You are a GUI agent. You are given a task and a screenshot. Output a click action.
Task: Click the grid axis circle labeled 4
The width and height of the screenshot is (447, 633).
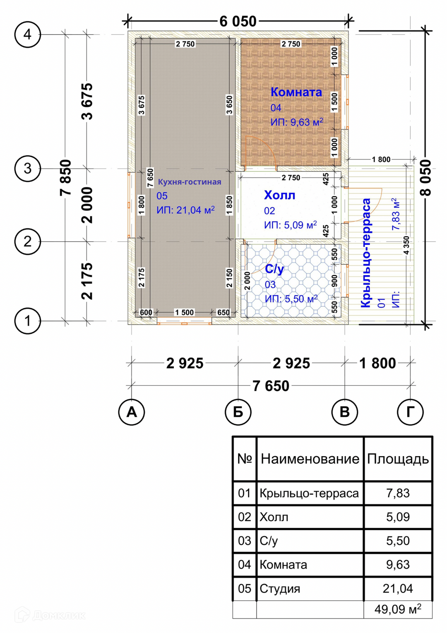(x=27, y=34)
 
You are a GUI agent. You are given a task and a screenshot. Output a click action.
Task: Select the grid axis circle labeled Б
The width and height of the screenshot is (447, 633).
(x=238, y=412)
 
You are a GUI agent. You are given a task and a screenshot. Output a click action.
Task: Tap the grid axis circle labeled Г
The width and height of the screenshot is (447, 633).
(x=410, y=412)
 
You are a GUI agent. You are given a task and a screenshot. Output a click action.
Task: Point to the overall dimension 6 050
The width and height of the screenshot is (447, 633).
(x=238, y=21)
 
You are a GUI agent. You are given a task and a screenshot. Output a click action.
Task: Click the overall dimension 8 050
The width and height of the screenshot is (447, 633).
(x=426, y=178)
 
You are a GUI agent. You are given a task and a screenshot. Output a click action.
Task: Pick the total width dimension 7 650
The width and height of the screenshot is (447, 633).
(x=271, y=386)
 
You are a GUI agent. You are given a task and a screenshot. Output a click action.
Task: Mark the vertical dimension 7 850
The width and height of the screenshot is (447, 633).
(x=66, y=178)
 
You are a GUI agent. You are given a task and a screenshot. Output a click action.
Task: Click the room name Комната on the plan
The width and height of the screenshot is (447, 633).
(x=296, y=92)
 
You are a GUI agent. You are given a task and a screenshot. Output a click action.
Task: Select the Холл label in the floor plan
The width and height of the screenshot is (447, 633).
(x=280, y=195)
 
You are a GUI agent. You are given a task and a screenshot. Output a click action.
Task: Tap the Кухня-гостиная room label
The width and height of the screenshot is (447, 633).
(x=190, y=182)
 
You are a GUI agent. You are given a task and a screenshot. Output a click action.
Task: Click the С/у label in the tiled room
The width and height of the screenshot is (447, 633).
(x=274, y=269)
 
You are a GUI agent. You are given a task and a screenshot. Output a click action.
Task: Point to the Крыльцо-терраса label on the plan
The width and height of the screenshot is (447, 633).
(x=366, y=253)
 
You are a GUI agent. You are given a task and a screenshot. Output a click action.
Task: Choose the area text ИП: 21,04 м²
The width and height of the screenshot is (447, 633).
(x=185, y=210)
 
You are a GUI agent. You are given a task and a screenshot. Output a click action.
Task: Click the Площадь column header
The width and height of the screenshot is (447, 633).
(x=398, y=459)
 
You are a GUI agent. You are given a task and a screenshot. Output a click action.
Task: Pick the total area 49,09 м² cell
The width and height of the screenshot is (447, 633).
(x=398, y=609)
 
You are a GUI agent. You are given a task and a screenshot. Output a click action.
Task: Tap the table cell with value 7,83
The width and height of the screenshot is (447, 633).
(x=398, y=493)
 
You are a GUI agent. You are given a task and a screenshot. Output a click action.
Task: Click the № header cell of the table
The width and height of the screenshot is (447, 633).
(x=245, y=459)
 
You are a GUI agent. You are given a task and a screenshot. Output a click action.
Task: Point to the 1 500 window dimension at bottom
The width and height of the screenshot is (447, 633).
(x=184, y=312)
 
